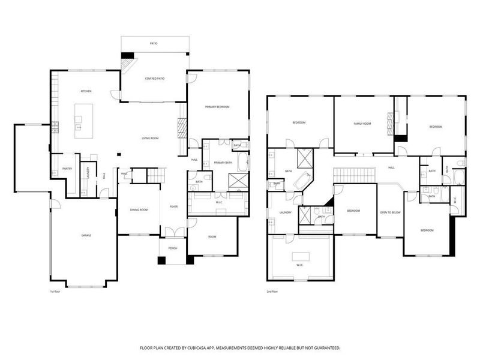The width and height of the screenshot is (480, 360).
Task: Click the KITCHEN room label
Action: pyautogui.click(x=86, y=91)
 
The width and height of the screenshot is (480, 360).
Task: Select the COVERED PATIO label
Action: pyautogui.click(x=155, y=79)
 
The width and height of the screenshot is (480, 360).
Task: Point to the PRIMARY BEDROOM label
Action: pyautogui.click(x=217, y=107)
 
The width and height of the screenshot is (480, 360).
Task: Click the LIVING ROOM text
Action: pyautogui.click(x=149, y=139)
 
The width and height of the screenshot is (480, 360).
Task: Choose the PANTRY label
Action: pyautogui.click(x=67, y=169)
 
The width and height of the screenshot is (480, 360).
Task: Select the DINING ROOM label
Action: pyautogui.click(x=139, y=209)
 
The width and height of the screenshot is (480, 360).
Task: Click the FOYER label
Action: pyautogui.click(x=173, y=206)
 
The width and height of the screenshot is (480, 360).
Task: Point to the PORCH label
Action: pyautogui.click(x=173, y=248)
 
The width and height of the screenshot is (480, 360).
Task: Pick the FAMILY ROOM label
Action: pyautogui.click(x=362, y=124)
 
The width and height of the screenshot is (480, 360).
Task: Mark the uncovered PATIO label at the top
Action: pyautogui.click(x=154, y=44)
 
